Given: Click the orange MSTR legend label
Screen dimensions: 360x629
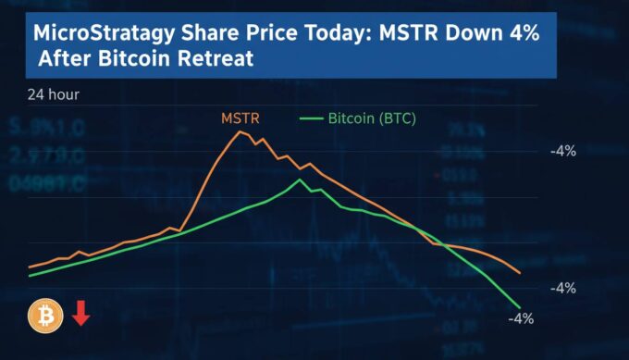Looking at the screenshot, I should click(x=239, y=118).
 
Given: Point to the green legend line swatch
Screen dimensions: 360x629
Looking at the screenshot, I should click(x=312, y=118).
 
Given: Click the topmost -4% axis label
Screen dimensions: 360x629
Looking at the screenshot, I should click(x=562, y=151).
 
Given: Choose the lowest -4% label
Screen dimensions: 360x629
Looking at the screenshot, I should click(x=522, y=319).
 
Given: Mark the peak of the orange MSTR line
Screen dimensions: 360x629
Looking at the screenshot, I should click(x=241, y=131).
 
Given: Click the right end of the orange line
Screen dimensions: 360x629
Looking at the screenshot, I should click(x=520, y=273).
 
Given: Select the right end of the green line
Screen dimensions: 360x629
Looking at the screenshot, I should click(x=520, y=307).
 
